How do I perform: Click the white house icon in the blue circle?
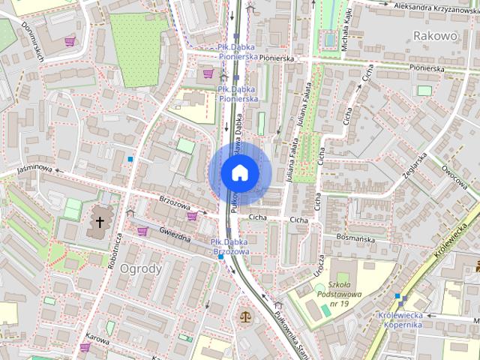(x=239, y=173)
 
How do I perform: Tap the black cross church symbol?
(x=100, y=222)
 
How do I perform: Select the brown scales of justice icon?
(x=245, y=316)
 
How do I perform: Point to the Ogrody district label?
(x=140, y=268)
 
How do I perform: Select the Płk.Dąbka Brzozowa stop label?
(x=230, y=247)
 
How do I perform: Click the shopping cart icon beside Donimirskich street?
(x=70, y=41)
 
